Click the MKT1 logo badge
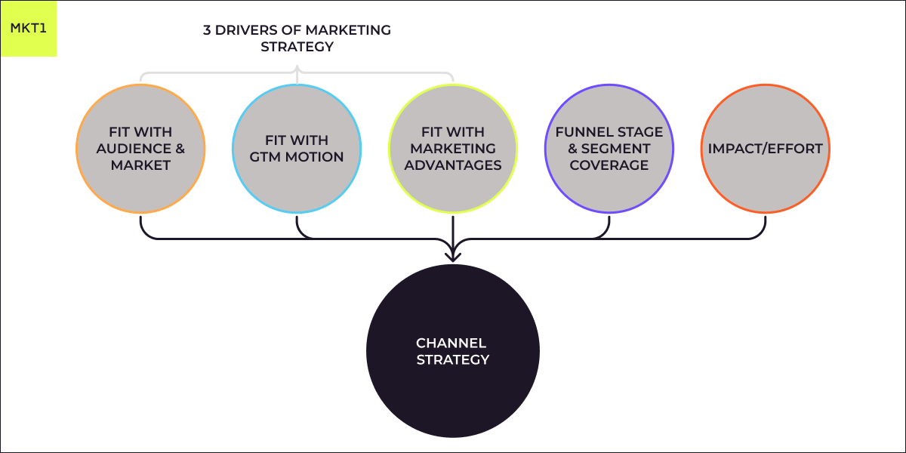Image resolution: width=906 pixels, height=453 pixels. [x=29, y=29]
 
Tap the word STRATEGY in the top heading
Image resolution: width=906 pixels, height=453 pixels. [x=297, y=47]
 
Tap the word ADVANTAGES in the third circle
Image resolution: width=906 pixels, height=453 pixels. [x=453, y=165]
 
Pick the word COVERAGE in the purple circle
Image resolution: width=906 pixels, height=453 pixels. [x=609, y=165]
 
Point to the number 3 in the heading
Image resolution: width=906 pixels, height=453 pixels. [x=207, y=30]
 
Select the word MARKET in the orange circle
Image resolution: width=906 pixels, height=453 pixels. [x=140, y=165]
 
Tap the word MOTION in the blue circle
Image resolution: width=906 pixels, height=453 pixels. [x=313, y=157]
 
